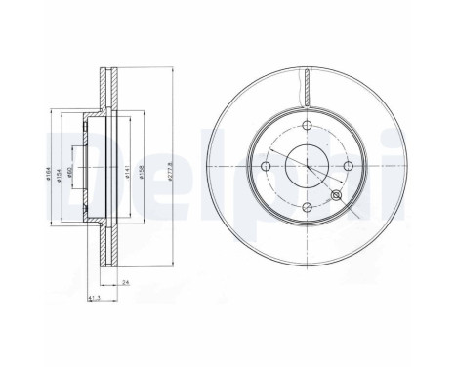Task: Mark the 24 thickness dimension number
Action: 128,282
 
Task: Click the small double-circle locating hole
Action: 338,196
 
